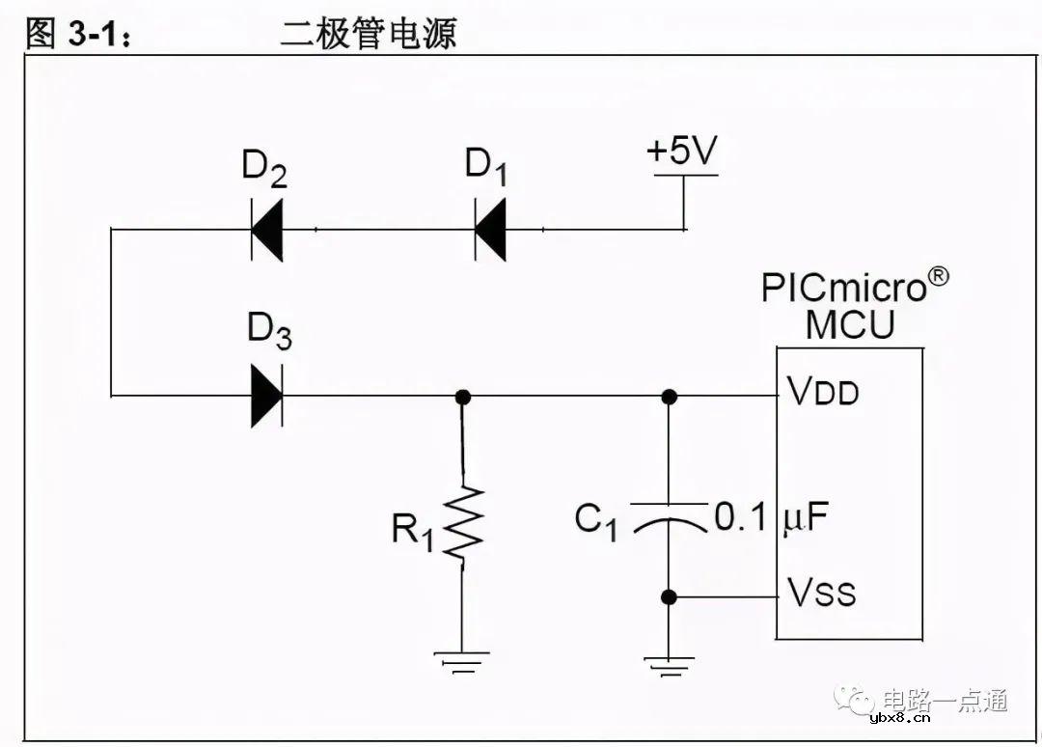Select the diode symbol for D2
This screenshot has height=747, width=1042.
point(266,231)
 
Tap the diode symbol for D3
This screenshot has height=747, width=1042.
point(266,395)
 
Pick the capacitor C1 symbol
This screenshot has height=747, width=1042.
point(668,516)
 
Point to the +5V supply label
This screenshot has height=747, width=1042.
point(682,152)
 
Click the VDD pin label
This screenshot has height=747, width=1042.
point(823,393)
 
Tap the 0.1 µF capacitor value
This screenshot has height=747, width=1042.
point(771,518)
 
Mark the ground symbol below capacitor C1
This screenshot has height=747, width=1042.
point(668,663)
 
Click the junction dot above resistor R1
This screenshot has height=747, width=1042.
point(463,396)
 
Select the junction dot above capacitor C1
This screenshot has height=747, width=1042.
point(668,396)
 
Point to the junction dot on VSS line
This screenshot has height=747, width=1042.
point(668,597)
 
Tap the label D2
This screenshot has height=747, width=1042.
point(264,169)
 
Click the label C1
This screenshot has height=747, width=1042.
point(596,521)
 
